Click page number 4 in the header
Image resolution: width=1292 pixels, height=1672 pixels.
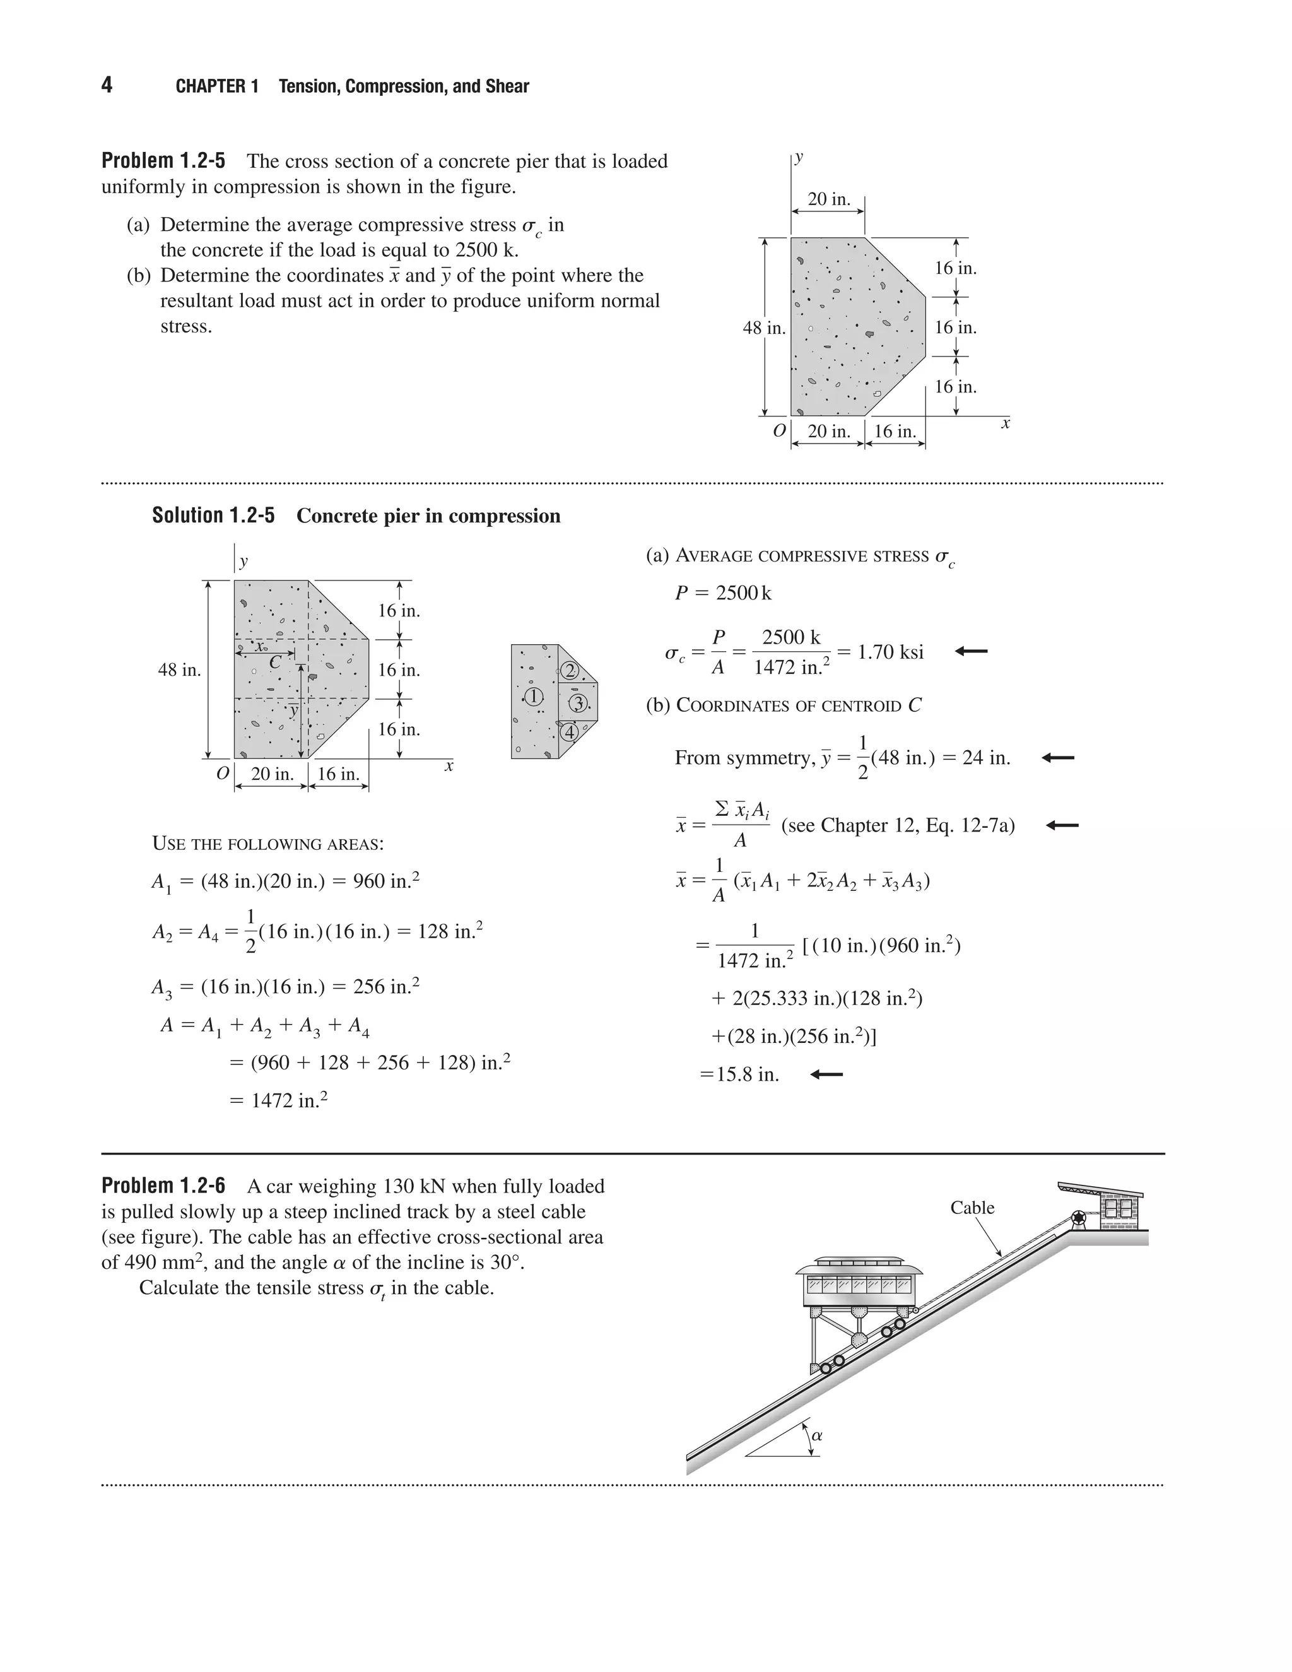(x=107, y=85)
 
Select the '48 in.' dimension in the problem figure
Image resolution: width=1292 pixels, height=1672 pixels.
(x=764, y=327)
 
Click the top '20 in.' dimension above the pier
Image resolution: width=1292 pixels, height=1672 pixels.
(x=829, y=199)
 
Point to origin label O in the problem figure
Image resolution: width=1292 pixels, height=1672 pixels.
(x=778, y=431)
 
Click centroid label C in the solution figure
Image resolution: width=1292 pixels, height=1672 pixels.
(x=276, y=663)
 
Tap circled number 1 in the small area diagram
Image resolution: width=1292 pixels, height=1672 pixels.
(x=532, y=697)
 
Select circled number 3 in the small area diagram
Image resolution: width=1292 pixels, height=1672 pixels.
(x=578, y=703)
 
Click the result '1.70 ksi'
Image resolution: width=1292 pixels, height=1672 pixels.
(x=890, y=652)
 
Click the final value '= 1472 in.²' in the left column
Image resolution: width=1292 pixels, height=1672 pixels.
(x=279, y=1100)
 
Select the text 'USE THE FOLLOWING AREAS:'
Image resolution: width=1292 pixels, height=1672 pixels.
(x=268, y=844)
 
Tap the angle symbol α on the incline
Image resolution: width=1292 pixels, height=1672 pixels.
(x=817, y=1435)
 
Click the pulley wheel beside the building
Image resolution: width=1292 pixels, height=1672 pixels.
(x=1078, y=1217)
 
